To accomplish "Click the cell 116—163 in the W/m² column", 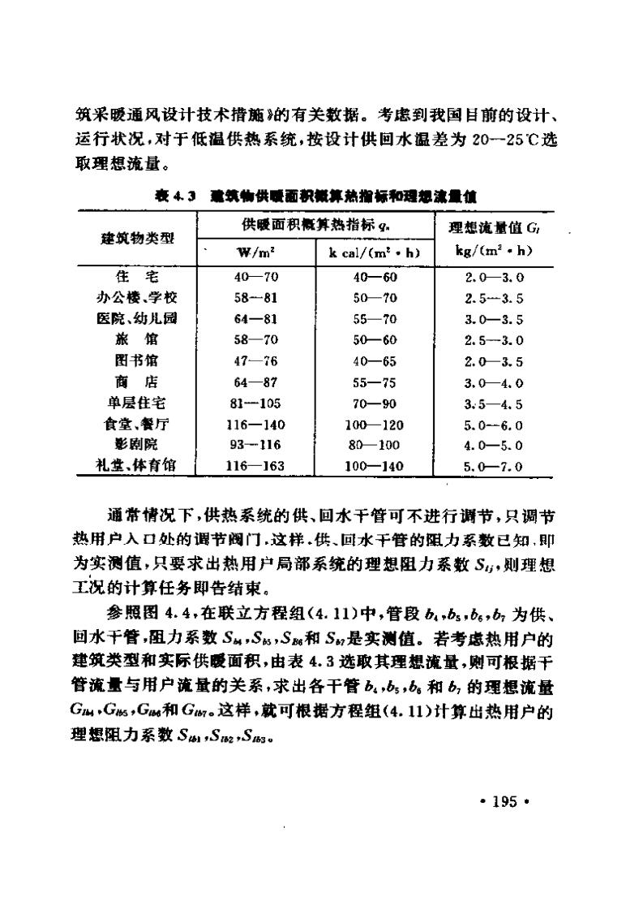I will point(257,466).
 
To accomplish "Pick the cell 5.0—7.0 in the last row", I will point(493,467).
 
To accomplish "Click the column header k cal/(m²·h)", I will point(374,252).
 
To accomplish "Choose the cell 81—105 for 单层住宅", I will point(257,403).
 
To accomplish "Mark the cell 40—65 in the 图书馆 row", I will point(374,360).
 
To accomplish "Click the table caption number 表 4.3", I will point(173,196).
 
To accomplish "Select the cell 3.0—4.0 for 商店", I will point(493,382).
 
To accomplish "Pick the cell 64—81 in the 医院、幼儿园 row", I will point(257,318).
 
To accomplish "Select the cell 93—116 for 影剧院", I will point(257,445).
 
